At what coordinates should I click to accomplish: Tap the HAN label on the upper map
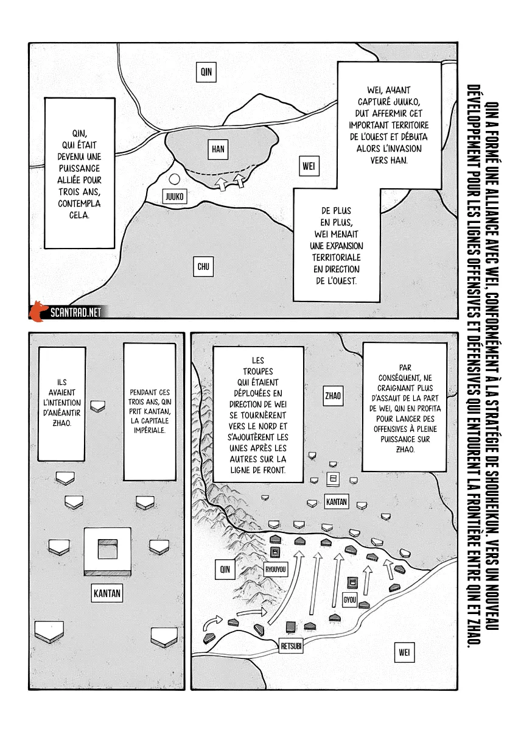(218, 148)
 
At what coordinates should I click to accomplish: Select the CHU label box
(203, 266)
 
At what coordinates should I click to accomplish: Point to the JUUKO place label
(173, 196)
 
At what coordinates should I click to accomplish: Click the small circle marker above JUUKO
(174, 180)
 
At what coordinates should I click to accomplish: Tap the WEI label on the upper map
(309, 166)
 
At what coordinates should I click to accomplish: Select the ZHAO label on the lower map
(333, 396)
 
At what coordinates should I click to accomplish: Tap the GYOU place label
(350, 598)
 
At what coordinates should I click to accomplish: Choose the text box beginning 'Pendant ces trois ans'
(149, 411)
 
